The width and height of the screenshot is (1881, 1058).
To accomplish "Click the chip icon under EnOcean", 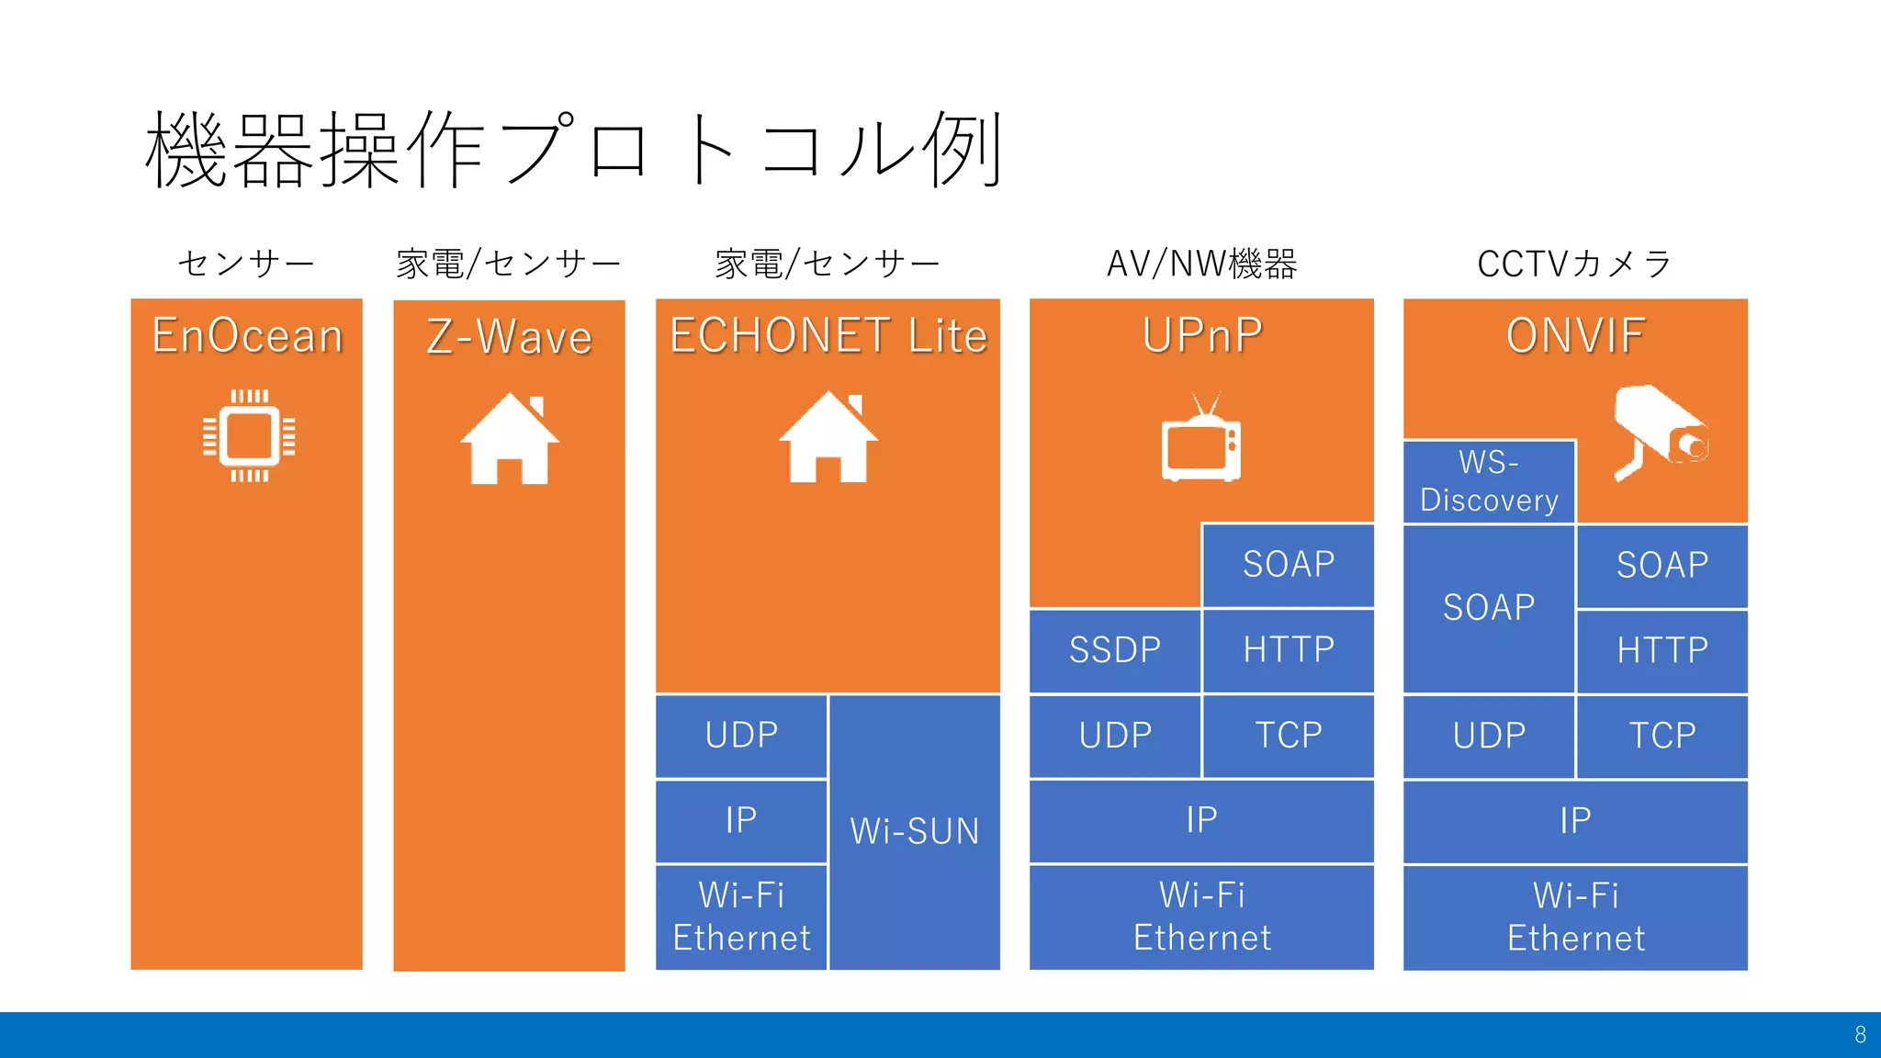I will [249, 435].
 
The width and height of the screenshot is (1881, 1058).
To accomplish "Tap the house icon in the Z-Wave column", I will [509, 439].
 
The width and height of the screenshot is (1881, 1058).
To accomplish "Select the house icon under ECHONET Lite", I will [828, 437].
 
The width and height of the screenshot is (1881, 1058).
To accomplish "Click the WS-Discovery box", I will [1489, 481].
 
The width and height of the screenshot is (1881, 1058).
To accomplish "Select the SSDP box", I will [1114, 650].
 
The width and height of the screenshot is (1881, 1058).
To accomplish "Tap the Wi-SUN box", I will [915, 831].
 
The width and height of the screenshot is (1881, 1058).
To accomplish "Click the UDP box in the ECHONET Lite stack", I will [741, 736].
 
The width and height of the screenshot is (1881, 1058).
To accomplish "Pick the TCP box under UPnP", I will [1288, 736].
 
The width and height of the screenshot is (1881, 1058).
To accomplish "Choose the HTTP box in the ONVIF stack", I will [1661, 651].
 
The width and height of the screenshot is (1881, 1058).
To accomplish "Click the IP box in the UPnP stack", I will [1201, 820].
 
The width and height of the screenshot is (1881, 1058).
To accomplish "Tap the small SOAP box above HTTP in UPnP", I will [1288, 565].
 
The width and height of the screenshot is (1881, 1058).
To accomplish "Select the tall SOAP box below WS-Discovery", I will [1489, 608].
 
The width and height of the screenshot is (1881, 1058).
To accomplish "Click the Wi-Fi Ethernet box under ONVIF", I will [1575, 917].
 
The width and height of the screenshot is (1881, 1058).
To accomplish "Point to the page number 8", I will [1860, 1035].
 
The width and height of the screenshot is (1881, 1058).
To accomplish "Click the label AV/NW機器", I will [1201, 264].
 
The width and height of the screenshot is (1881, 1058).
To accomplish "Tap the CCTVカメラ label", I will [1575, 264].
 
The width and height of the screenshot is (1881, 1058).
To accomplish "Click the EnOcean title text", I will [247, 335].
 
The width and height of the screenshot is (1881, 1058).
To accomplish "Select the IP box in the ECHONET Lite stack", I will [741, 820].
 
